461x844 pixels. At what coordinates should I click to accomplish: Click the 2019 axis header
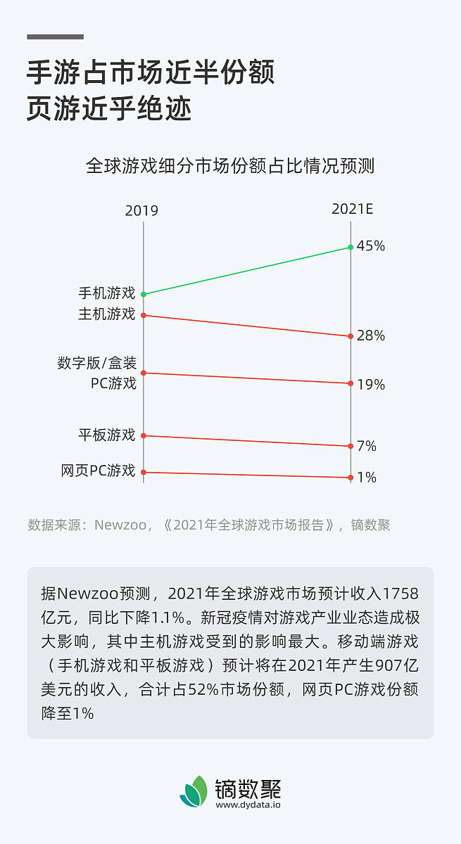click(141, 211)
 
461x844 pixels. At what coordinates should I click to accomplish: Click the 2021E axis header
click(352, 209)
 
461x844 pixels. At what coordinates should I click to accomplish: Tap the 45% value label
click(370, 246)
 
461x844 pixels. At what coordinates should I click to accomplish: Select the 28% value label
click(370, 336)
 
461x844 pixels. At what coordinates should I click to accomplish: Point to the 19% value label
click(370, 385)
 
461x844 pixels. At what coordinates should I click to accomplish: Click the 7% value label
click(367, 447)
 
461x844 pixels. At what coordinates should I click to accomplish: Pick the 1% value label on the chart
click(367, 478)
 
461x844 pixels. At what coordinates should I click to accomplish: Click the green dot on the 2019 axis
click(144, 294)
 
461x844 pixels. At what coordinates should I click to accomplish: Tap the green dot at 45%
click(351, 247)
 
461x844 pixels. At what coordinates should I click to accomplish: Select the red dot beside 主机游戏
click(144, 315)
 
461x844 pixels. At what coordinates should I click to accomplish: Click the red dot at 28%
click(351, 336)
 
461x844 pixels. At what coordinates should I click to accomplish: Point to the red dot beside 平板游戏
click(144, 435)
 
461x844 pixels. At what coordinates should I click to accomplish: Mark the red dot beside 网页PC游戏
click(144, 472)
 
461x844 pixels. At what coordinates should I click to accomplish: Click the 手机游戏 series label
click(106, 293)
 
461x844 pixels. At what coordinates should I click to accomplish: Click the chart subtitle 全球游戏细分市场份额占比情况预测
click(230, 167)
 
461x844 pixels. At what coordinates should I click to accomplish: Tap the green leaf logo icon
click(194, 791)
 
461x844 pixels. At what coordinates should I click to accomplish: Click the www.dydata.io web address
click(248, 805)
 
